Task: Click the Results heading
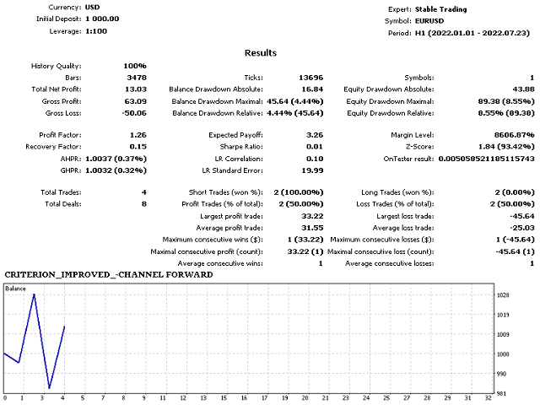click(x=260, y=52)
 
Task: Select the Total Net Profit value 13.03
click(x=135, y=89)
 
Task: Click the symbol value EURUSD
click(x=424, y=19)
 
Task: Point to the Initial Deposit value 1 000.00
click(x=102, y=18)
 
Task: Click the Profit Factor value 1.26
click(x=138, y=135)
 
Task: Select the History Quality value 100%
click(x=134, y=66)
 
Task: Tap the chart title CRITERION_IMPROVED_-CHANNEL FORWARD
click(x=109, y=275)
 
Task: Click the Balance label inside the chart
click(x=16, y=289)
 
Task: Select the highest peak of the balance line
click(x=34, y=294)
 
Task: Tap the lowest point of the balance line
click(x=49, y=388)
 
